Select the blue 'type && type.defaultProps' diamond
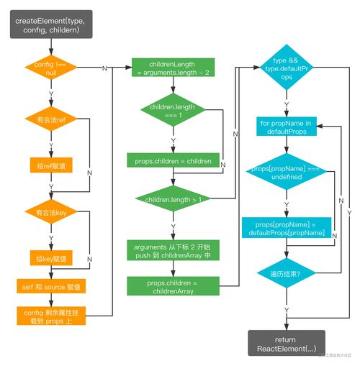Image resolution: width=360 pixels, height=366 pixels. pyautogui.click(x=287, y=69)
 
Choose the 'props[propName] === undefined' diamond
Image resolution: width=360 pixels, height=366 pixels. pyautogui.click(x=286, y=173)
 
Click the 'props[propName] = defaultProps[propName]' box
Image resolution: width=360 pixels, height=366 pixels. pyautogui.click(x=287, y=229)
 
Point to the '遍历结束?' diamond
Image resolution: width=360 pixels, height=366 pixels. pyautogui.click(x=286, y=274)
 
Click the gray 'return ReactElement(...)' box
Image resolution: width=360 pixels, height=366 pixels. pyautogui.click(x=286, y=343)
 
